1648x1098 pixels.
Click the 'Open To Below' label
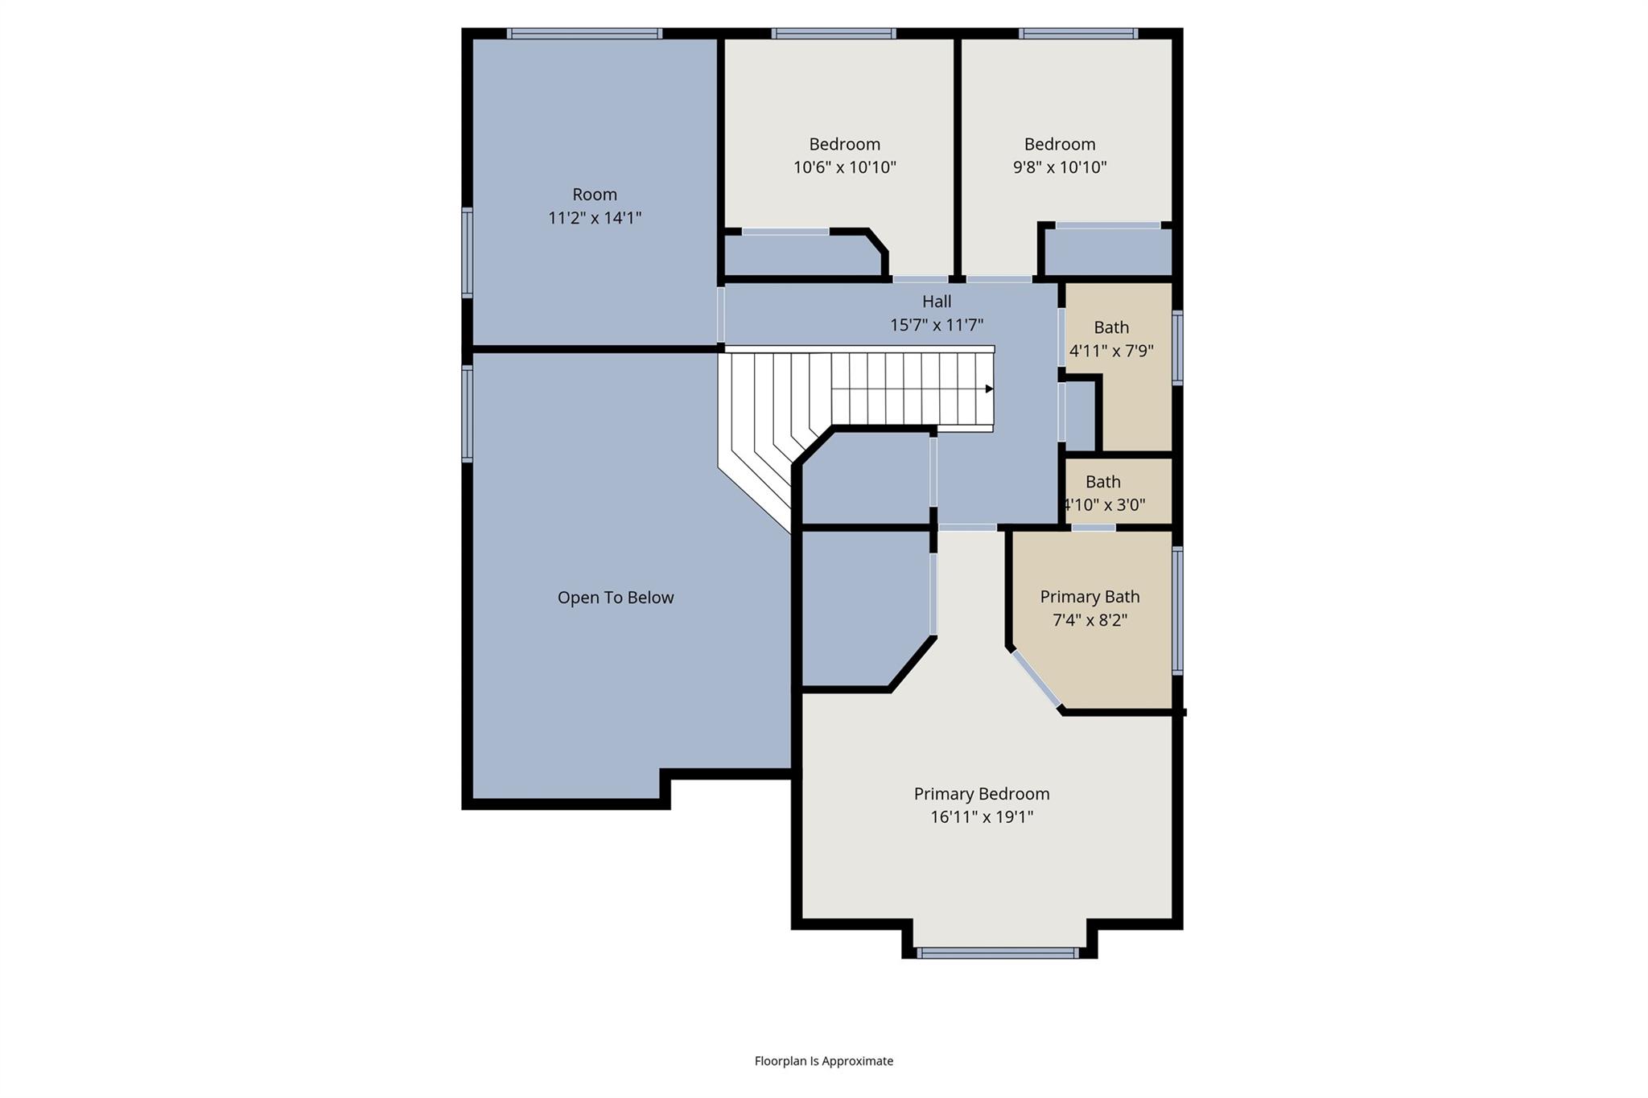[616, 598]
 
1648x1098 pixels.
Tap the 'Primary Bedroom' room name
[982, 794]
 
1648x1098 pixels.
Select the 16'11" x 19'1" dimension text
[982, 817]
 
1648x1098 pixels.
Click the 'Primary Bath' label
[1090, 597]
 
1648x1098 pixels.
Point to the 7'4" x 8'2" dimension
[1090, 620]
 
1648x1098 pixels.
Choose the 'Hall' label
[937, 302]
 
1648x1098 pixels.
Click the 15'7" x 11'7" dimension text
[937, 325]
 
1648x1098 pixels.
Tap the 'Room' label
[595, 195]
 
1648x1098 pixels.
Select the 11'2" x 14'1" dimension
[595, 218]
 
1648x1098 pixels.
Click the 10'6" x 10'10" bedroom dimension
[845, 167]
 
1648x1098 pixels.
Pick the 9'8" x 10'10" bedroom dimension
[1060, 167]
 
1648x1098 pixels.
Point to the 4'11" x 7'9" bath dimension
[1111, 351]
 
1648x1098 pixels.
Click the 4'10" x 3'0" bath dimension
[1104, 505]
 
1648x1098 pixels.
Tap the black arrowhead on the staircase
[990, 389]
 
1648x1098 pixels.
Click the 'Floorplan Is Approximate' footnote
[824, 1061]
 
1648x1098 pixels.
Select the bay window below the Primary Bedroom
[998, 953]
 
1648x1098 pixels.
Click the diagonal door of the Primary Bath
[1036, 680]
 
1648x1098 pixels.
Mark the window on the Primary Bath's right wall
[1178, 611]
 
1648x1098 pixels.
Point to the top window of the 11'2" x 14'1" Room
[585, 34]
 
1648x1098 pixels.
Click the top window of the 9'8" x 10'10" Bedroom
[1078, 34]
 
